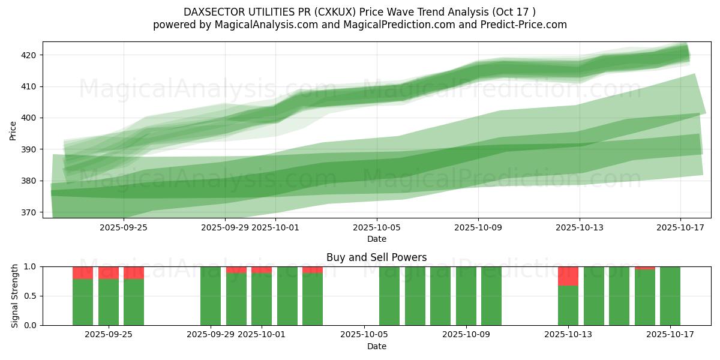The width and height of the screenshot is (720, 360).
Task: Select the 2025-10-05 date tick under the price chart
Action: (x=377, y=227)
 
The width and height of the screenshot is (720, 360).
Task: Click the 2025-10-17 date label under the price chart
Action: (x=680, y=227)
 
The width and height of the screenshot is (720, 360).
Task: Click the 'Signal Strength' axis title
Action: (x=15, y=296)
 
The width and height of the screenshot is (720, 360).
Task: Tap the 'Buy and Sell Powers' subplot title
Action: (x=376, y=257)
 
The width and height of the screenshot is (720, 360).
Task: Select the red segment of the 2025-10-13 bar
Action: (x=568, y=276)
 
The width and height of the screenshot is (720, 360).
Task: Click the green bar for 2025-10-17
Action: (x=670, y=296)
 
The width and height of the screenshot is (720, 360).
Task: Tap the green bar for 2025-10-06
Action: (x=389, y=296)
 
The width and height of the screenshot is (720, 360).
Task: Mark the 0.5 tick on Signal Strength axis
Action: (x=30, y=296)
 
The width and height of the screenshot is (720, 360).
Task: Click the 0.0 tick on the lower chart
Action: (x=30, y=325)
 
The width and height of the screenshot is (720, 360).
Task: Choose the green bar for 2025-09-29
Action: (x=211, y=296)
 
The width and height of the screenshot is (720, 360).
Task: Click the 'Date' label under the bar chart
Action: (x=376, y=346)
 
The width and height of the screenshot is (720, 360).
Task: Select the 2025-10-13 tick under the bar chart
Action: (x=568, y=334)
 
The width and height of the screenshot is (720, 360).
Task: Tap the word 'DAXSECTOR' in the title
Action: (x=211, y=12)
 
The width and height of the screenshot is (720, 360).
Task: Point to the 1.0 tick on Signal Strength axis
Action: (x=30, y=266)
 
